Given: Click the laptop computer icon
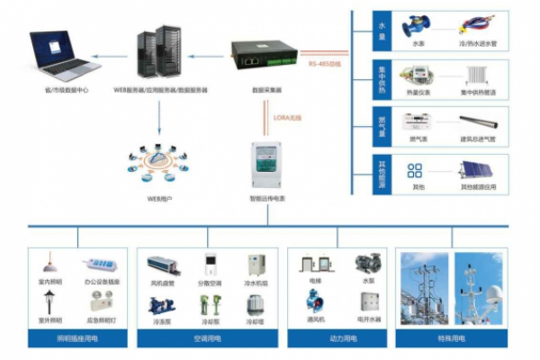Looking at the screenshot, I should [63, 54].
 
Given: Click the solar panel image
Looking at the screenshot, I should [479, 171].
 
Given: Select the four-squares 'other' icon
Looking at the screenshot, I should [415, 171].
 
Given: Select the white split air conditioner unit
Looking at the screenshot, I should [209, 265].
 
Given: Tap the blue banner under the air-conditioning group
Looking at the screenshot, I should [209, 338].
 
